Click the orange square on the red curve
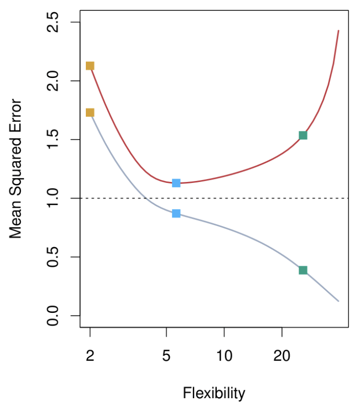click(x=90, y=66)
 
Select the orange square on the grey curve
click(x=90, y=112)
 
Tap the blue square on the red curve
click(x=176, y=183)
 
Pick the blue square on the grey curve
click(x=176, y=213)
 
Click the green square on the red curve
click(x=303, y=135)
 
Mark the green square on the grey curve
click(x=303, y=270)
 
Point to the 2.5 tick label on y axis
click(x=53, y=23)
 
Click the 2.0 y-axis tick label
click(x=53, y=81)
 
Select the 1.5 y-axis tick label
click(x=53, y=140)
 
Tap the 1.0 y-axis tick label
click(x=53, y=198)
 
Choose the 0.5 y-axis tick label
click(x=53, y=257)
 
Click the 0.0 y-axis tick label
click(x=53, y=315)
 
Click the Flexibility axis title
click(x=214, y=393)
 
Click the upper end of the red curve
click(x=338, y=31)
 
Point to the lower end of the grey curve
click(x=338, y=301)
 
